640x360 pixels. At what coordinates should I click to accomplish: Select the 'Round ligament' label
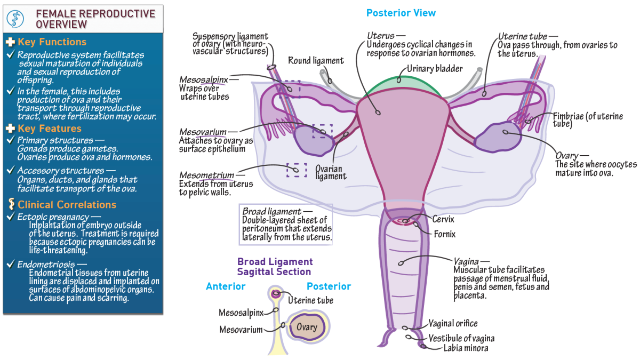(x=316, y=61)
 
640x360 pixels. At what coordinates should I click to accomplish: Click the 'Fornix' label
(x=444, y=234)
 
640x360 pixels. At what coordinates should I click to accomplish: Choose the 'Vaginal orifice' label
(x=453, y=324)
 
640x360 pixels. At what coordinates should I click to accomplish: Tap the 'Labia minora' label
(x=466, y=348)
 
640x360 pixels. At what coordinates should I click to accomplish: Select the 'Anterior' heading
(x=226, y=286)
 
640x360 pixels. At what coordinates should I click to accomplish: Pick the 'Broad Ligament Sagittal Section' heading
(x=275, y=266)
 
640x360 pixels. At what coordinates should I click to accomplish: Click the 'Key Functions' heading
(x=52, y=42)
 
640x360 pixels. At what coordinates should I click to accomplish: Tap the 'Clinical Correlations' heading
(x=67, y=205)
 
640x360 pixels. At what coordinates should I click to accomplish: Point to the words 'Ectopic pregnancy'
(x=53, y=217)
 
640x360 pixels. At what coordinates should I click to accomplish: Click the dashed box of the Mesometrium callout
(x=297, y=170)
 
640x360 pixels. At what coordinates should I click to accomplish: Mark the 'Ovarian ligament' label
(x=331, y=172)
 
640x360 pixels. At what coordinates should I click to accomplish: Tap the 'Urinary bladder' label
(x=435, y=69)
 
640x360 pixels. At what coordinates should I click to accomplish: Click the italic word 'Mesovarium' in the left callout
(x=203, y=131)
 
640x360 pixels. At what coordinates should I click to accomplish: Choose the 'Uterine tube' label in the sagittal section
(x=310, y=301)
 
